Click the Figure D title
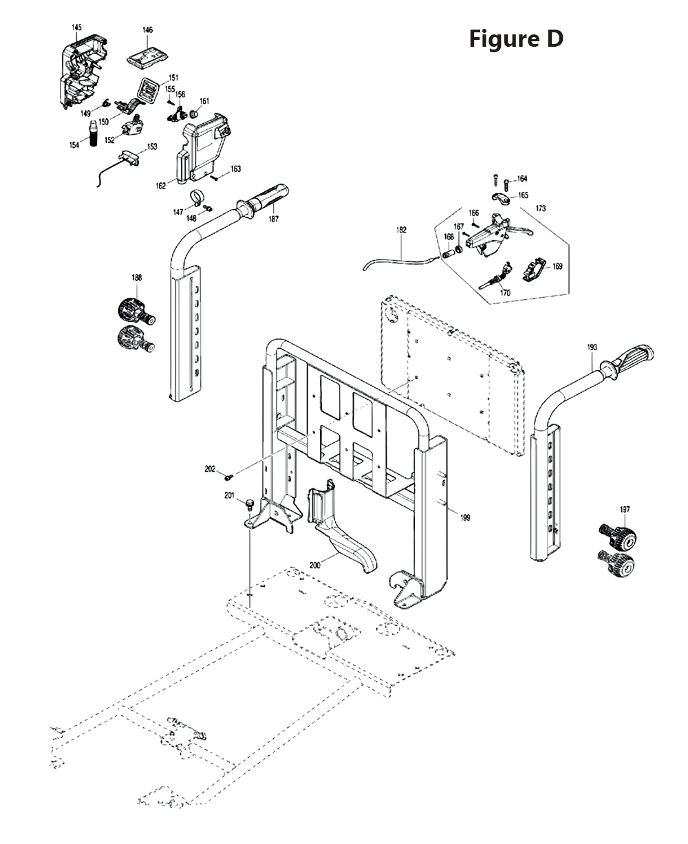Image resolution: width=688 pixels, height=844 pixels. [x=516, y=39]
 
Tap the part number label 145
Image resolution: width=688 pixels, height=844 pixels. [x=76, y=27]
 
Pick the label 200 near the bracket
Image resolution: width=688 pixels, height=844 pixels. [x=315, y=565]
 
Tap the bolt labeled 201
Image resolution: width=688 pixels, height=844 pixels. [x=250, y=506]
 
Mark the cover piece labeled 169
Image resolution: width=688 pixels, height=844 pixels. [x=536, y=269]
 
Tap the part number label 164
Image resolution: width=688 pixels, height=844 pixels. [x=522, y=179]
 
